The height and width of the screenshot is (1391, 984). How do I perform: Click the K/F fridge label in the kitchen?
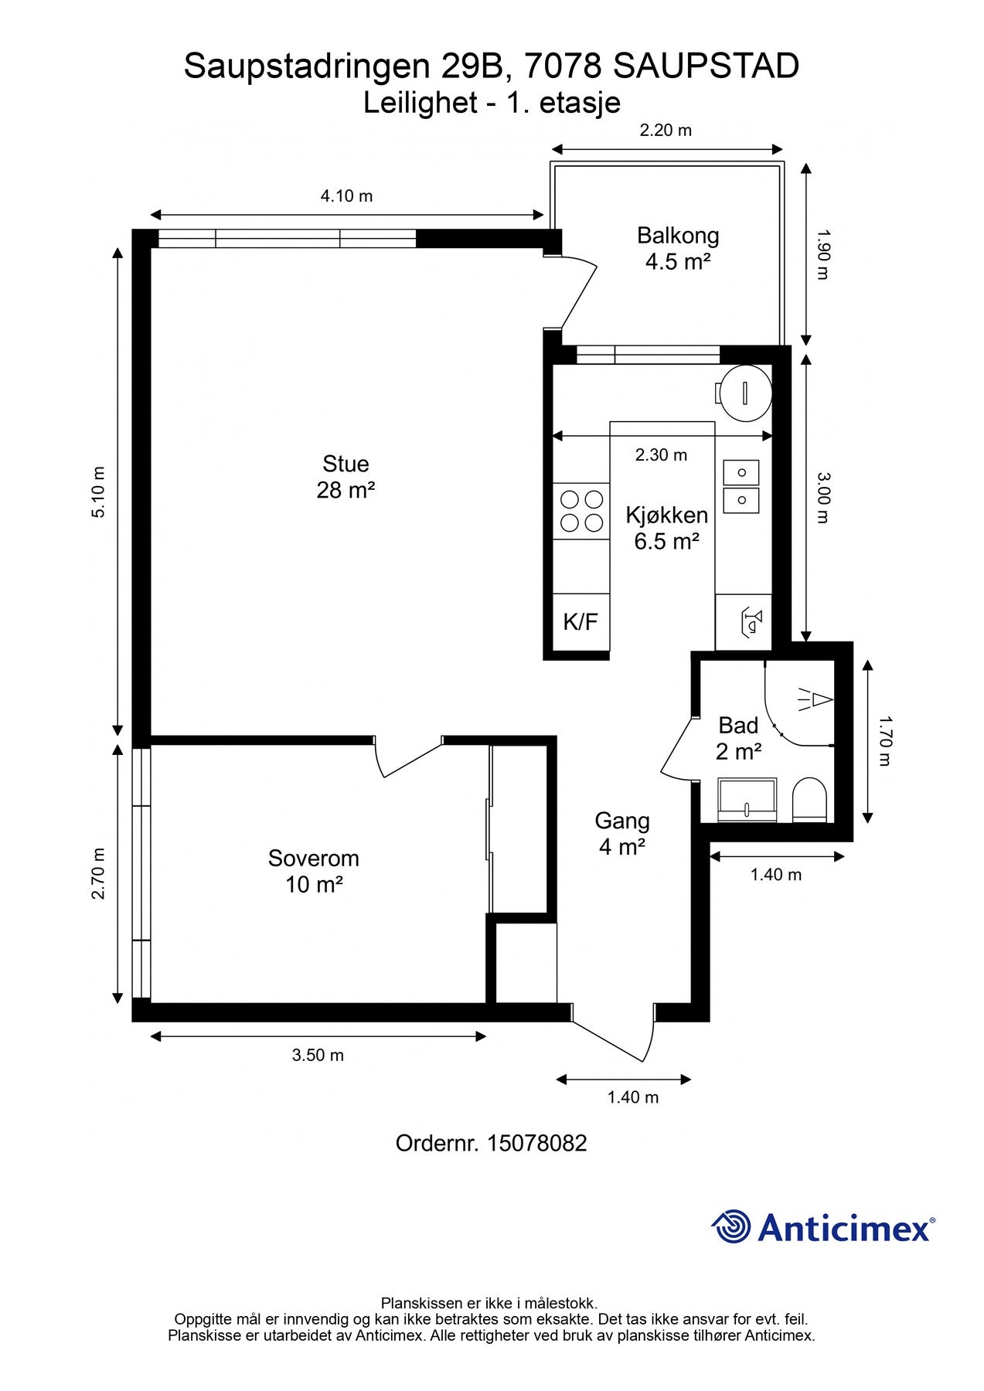[x=581, y=622]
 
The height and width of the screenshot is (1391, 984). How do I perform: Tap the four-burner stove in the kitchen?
[x=581, y=511]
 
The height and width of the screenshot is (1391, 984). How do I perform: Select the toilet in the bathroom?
[x=810, y=799]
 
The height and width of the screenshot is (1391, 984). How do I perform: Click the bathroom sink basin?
[x=747, y=800]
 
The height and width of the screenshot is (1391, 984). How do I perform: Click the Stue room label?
[x=346, y=464]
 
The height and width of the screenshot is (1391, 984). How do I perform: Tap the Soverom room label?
[x=314, y=858]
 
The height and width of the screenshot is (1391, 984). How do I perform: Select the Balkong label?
[x=678, y=236]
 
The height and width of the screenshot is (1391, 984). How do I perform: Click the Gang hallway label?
[x=622, y=821]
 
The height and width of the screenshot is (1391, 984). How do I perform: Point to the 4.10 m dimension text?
[x=346, y=196]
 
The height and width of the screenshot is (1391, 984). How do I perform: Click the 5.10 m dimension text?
[x=98, y=492]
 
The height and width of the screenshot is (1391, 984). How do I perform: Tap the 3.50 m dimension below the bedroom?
[x=318, y=1055]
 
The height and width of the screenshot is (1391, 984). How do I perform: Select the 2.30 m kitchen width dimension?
[x=661, y=454]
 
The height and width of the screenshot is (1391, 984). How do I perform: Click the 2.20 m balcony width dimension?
[x=666, y=130]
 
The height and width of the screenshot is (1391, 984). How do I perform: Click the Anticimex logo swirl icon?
[x=731, y=1226]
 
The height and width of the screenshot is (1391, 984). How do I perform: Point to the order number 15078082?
[x=537, y=1143]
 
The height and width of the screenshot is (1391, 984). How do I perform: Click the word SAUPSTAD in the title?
[x=706, y=66]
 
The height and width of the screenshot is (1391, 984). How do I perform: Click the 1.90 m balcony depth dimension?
[x=822, y=254]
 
